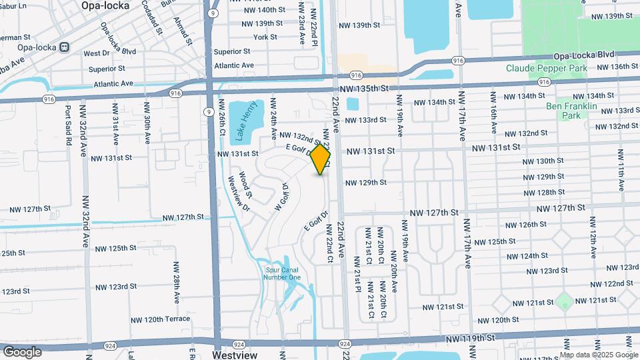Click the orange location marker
coord(321,159)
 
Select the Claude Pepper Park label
coord(547,68)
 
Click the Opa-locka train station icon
coord(65,47)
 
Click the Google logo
coord(22,351)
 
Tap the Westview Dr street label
coord(240,193)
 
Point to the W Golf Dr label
coord(281,197)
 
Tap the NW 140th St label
coord(256,10)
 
